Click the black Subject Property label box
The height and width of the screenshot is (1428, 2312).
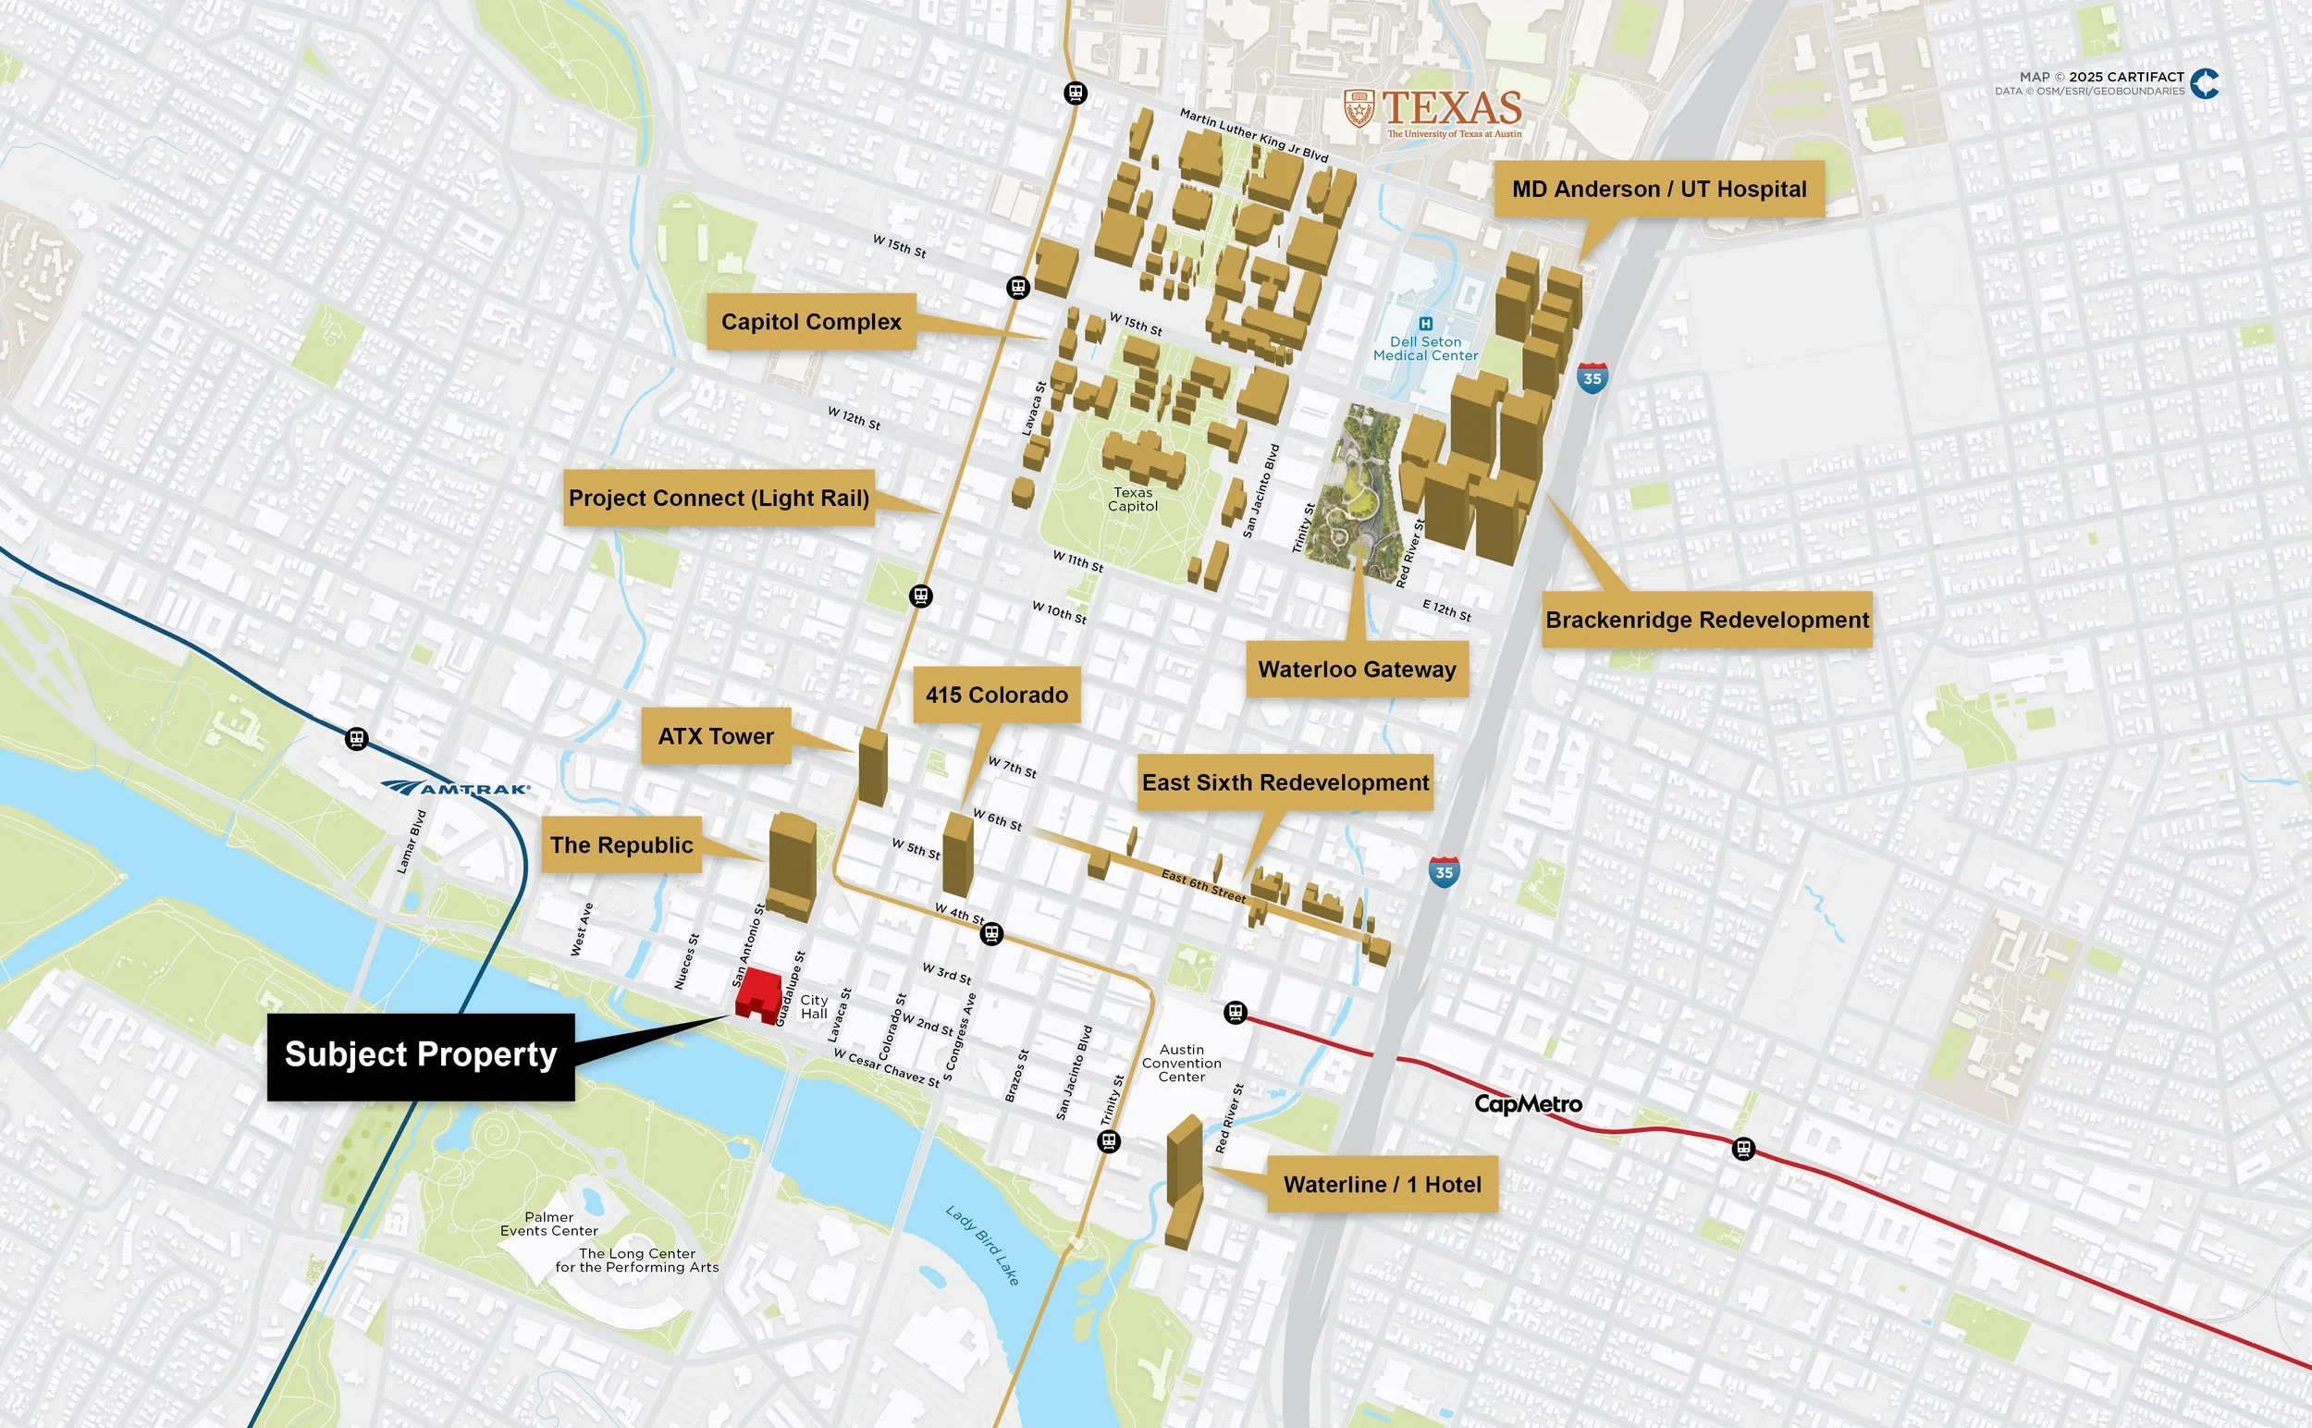tap(420, 1056)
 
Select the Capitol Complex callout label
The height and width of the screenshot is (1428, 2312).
tap(810, 322)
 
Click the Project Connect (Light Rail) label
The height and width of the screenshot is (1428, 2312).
tap(718, 498)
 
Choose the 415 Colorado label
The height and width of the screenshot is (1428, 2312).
tap(996, 696)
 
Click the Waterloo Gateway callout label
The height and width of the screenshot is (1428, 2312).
tap(1357, 670)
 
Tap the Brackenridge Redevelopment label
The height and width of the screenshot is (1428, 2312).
tap(1705, 620)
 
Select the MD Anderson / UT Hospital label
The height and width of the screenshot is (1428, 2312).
tap(1658, 189)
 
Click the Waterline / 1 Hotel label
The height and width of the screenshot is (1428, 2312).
tap(1382, 1185)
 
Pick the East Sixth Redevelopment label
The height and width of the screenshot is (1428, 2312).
tap(1285, 782)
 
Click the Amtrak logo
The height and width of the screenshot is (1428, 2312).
tap(456, 788)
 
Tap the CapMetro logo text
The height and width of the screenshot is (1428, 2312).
tap(1527, 1103)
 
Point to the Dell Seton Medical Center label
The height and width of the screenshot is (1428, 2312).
tap(1424, 348)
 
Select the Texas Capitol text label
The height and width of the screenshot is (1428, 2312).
tap(1132, 499)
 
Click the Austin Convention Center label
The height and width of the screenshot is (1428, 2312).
tap(1181, 1063)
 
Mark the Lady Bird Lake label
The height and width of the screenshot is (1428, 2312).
tap(982, 1245)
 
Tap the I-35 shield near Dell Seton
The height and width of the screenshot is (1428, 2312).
tap(1592, 377)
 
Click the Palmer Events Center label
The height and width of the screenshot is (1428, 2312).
tap(548, 1223)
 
